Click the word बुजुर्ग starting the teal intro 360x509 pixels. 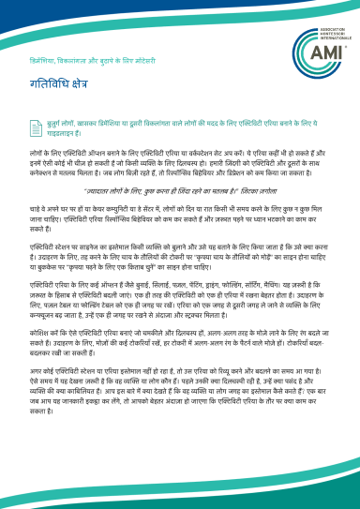pyautogui.click(x=55, y=123)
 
